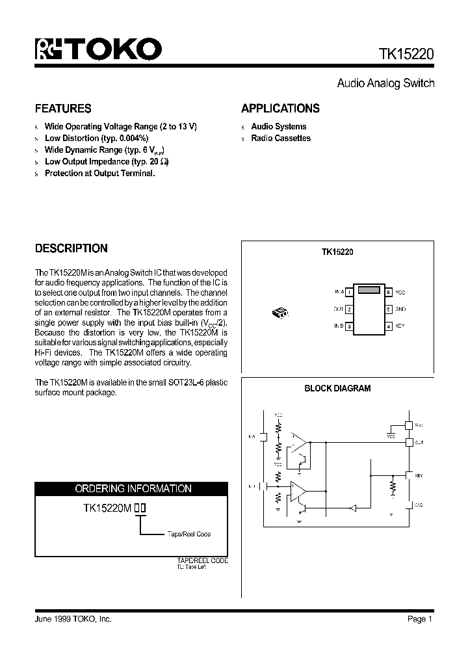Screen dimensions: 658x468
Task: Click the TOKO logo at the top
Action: (98, 49)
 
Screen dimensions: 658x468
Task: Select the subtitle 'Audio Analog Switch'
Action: (385, 83)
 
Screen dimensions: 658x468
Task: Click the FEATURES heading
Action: (63, 109)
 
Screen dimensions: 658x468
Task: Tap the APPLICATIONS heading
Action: (280, 109)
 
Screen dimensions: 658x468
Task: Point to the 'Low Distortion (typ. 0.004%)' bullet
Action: (96, 138)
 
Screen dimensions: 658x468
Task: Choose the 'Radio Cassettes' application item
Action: (281, 138)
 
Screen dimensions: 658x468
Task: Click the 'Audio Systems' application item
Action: (278, 127)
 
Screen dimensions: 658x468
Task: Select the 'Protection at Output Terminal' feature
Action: (99, 174)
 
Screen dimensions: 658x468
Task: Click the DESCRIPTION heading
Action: (71, 248)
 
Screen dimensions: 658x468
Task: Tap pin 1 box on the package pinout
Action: (349, 293)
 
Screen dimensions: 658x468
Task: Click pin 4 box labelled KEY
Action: (389, 326)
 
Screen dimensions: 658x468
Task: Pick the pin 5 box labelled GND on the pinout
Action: (389, 309)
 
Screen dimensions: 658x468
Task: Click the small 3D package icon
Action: (280, 312)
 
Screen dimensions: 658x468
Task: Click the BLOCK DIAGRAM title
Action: (337, 388)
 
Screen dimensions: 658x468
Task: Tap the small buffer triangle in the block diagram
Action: (354, 508)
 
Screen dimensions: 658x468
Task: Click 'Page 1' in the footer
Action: (420, 619)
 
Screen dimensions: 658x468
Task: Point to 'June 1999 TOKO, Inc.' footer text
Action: (73, 619)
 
